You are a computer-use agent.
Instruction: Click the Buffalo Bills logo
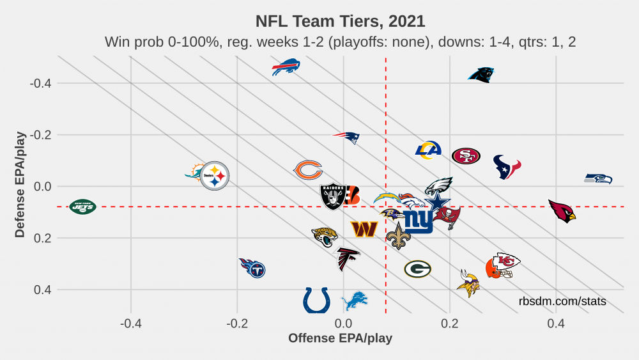[286, 67]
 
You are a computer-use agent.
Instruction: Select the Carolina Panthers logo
[481, 75]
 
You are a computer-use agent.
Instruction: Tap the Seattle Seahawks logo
[599, 178]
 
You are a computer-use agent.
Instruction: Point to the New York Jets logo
[82, 207]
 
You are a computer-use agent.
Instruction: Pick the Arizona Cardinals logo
[562, 210]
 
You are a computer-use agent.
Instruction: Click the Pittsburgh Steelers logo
[215, 175]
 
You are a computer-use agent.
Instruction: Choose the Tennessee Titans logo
[252, 267]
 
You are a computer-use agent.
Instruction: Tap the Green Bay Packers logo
[417, 269]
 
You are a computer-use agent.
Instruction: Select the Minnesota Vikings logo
[468, 283]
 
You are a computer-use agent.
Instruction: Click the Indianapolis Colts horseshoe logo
[316, 299]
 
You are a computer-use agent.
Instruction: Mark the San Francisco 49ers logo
[466, 156]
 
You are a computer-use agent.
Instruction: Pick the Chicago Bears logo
[307, 170]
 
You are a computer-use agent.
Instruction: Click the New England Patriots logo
[346, 137]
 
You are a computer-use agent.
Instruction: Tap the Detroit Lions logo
[355, 301]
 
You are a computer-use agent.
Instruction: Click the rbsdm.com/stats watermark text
[562, 301]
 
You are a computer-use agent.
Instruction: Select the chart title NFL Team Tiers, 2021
[340, 21]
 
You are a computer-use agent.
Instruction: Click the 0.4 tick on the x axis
[556, 322]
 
